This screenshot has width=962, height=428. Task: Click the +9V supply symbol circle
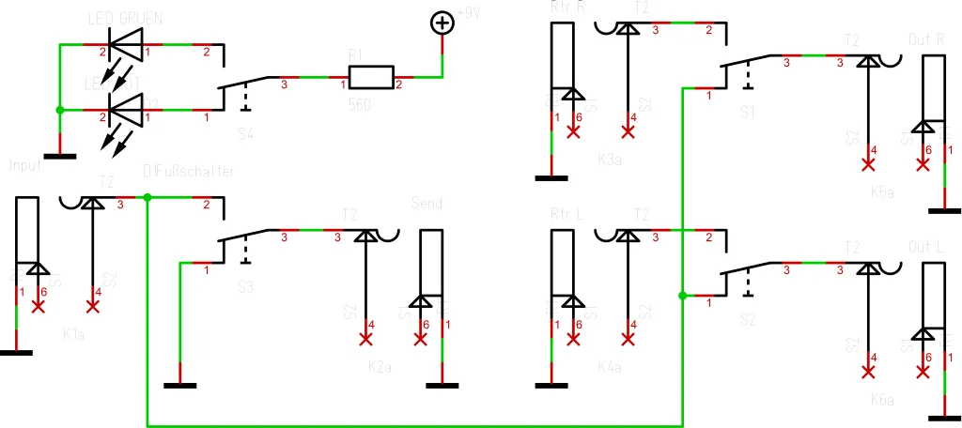coord(441,22)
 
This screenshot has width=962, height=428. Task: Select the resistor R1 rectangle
coord(370,77)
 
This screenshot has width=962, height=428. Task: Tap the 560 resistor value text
coord(360,105)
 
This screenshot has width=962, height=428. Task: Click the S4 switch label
coord(246,134)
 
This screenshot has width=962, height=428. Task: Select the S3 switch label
coord(246,287)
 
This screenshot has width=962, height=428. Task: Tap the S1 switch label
coord(748,112)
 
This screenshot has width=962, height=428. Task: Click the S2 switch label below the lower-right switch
coord(748,320)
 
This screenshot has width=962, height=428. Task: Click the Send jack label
coord(427,203)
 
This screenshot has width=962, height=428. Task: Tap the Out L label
coord(927,246)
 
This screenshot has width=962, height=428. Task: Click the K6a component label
coord(882,400)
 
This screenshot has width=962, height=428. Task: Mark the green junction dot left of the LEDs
coord(59,110)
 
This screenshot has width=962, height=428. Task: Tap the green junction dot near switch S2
coord(682,296)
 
